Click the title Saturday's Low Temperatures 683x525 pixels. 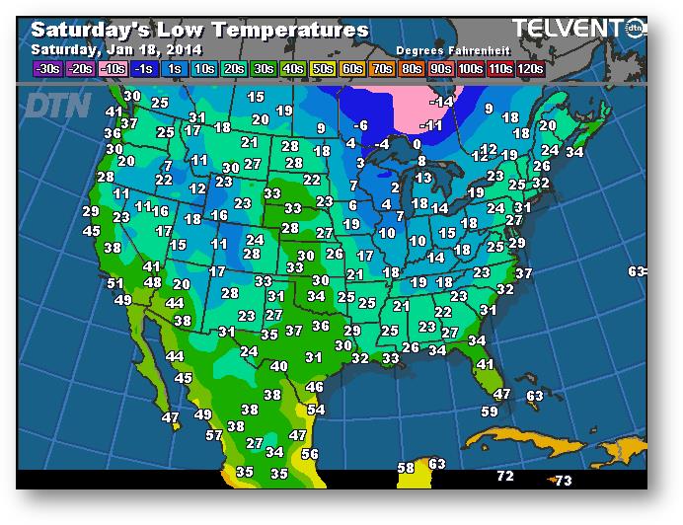tap(199, 31)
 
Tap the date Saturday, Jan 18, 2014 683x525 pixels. tap(116, 49)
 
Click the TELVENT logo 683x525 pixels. tap(568, 30)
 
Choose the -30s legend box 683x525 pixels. tap(47, 68)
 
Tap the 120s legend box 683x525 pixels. tap(531, 68)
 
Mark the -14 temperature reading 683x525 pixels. tap(441, 101)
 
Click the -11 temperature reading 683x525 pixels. tap(431, 125)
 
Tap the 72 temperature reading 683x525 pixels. tap(505, 476)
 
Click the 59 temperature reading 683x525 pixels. tap(490, 411)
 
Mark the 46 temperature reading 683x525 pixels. tap(315, 387)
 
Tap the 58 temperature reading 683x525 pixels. tap(406, 467)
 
